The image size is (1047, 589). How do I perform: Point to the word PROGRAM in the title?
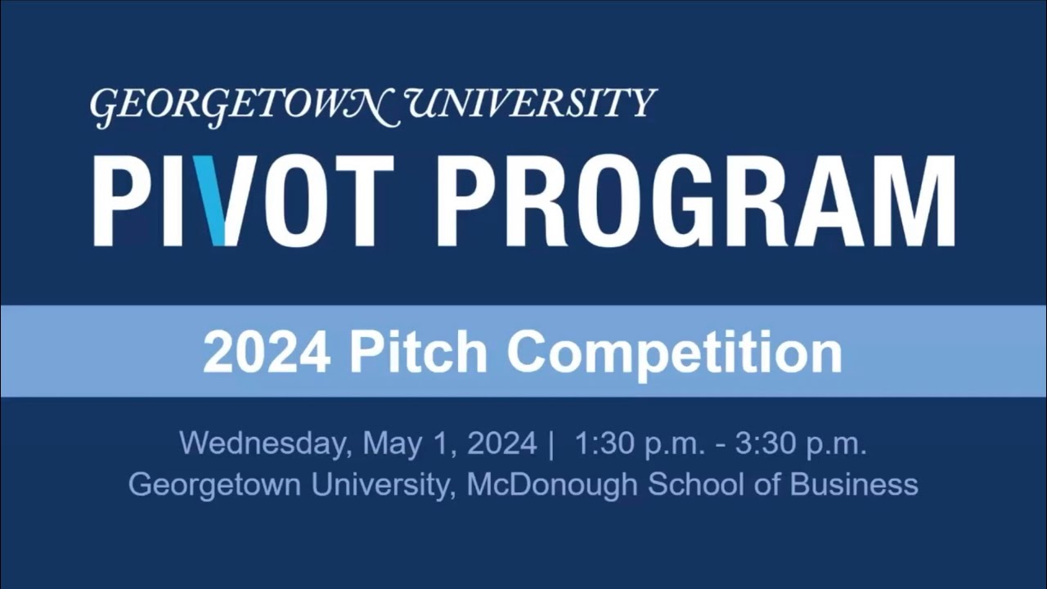coord(696,201)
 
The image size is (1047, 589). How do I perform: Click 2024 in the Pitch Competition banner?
coord(267,352)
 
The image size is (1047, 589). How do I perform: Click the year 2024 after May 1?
coord(501,444)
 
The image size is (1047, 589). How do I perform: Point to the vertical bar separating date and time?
coord(552,444)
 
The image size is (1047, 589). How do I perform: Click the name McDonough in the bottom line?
coord(551,484)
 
